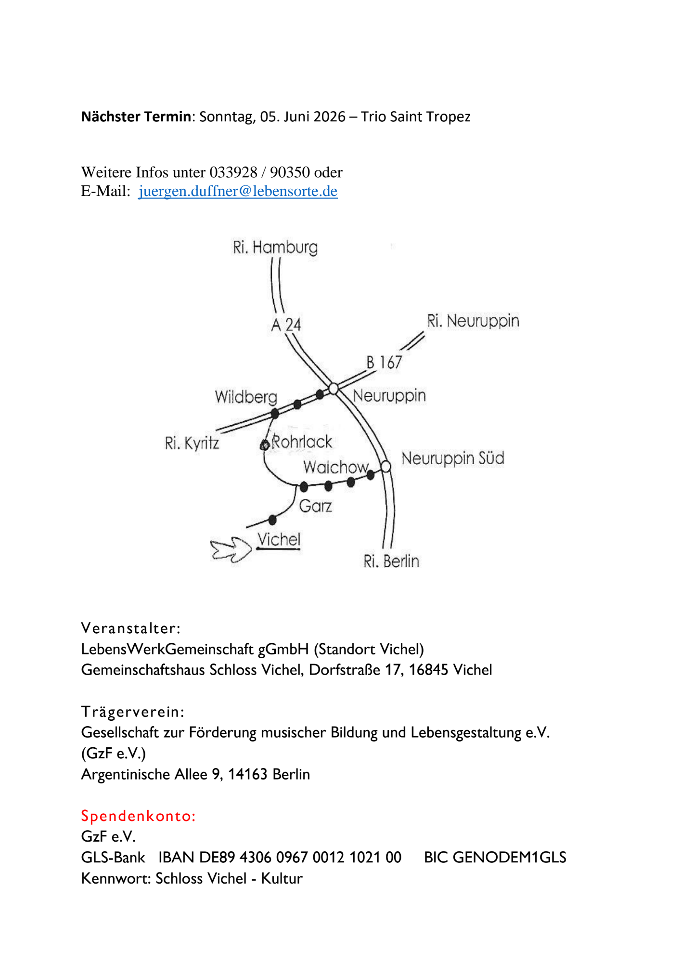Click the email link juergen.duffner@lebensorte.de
(238, 191)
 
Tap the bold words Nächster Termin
(136, 117)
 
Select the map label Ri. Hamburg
(275, 247)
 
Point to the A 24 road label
(286, 325)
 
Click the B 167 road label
(384, 362)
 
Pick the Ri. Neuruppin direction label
(473, 321)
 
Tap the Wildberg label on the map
(246, 397)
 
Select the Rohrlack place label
(302, 442)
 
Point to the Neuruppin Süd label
(453, 458)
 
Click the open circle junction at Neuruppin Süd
(385, 466)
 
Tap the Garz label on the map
(315, 506)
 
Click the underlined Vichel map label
(279, 540)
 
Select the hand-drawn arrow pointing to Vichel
(231, 549)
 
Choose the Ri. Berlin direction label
(391, 561)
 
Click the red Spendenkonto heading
(139, 816)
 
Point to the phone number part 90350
(290, 172)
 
